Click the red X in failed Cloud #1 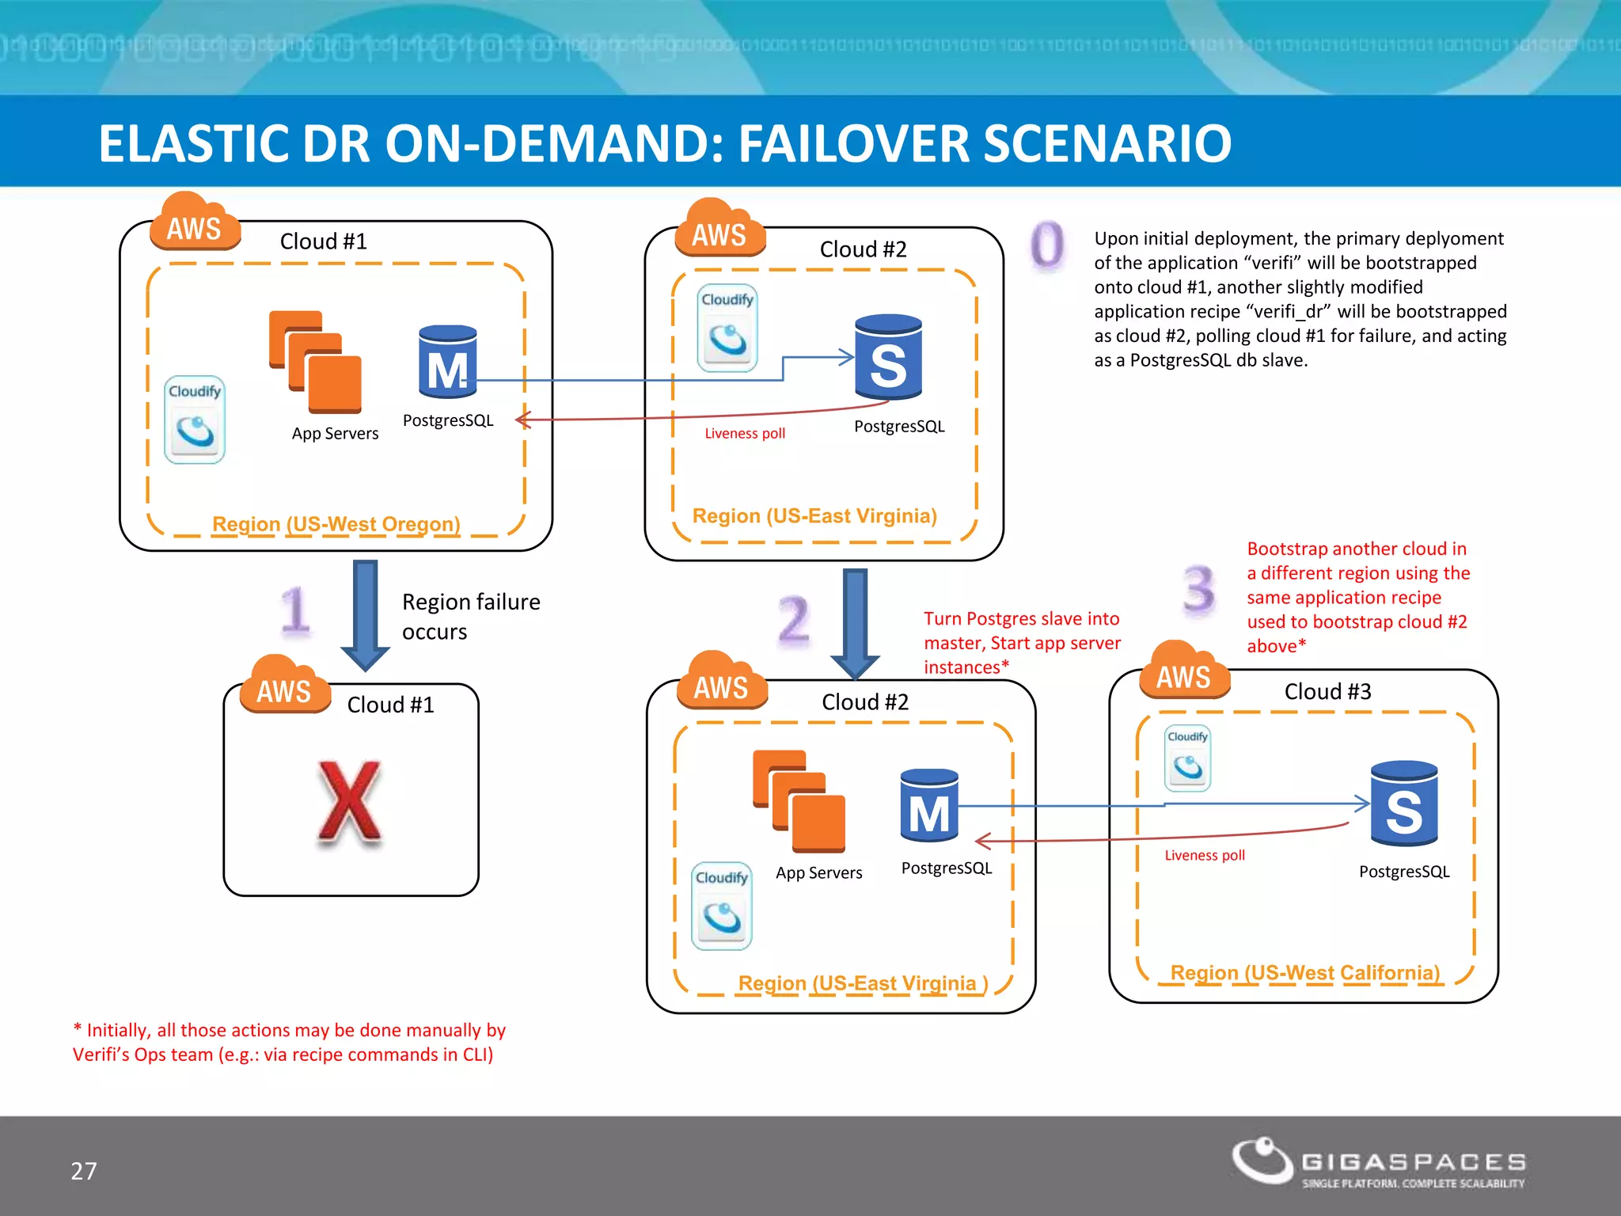(349, 803)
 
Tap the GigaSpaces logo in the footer (1378, 1163)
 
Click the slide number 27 (84, 1171)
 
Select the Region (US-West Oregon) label (336, 524)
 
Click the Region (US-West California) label (1304, 972)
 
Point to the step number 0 (1047, 245)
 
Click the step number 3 (1198, 590)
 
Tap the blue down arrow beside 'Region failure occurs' (365, 614)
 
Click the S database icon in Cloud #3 (1404, 804)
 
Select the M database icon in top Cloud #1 (447, 362)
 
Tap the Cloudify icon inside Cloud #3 (1187, 758)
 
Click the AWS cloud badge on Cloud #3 (1184, 672)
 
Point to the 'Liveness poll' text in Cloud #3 (1204, 855)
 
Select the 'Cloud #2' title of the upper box (863, 249)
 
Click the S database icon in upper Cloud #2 (888, 357)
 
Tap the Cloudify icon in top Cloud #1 (195, 420)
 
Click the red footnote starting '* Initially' (289, 1042)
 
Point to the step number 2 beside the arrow (793, 620)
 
